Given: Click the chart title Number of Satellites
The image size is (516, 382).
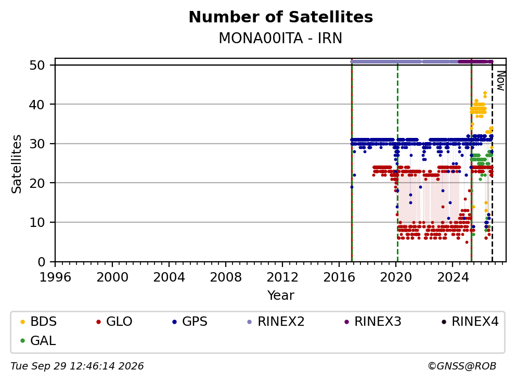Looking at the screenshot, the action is click(x=281, y=17).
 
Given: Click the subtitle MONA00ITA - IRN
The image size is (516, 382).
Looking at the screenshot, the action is click(x=280, y=38).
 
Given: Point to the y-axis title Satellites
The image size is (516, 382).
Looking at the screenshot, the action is click(x=16, y=164).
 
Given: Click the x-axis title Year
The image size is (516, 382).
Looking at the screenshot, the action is click(x=280, y=296).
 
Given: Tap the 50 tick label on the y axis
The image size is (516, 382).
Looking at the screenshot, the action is click(x=37, y=65).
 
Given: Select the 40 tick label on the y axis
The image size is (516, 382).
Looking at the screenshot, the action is click(x=37, y=105).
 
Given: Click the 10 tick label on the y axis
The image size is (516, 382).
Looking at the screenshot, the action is click(x=37, y=223).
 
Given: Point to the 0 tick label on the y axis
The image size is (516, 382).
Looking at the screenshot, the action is click(x=42, y=262).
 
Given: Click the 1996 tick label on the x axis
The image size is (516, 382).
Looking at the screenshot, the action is click(x=55, y=277).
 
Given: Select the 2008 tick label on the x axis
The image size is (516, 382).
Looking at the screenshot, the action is click(x=226, y=277).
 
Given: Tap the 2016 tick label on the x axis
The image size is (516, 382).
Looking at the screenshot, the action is click(x=339, y=277).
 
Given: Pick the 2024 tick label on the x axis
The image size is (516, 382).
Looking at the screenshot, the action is click(x=453, y=277).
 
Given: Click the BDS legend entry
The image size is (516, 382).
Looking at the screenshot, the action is click(x=38, y=322).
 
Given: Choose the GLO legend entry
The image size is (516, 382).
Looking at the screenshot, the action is click(x=114, y=322).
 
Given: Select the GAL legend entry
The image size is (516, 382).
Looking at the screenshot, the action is click(x=38, y=340).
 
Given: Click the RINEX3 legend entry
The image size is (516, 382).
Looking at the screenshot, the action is click(x=373, y=322).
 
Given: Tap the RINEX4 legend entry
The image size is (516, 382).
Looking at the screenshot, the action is click(x=470, y=322).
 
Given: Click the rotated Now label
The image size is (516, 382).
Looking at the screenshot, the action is click(x=500, y=81).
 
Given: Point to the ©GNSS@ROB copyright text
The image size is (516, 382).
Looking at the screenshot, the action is click(x=462, y=366).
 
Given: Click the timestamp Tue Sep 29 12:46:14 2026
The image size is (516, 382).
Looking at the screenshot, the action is click(x=77, y=366).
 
